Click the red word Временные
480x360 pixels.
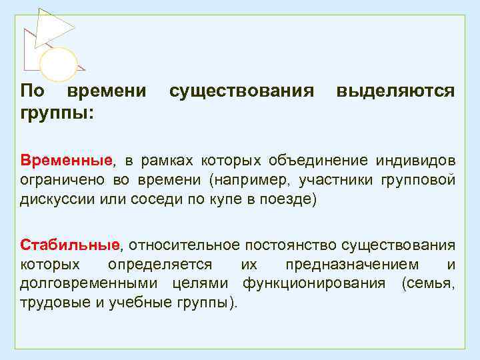point(66,161)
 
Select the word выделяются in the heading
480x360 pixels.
point(396,90)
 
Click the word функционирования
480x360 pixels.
point(313,283)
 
